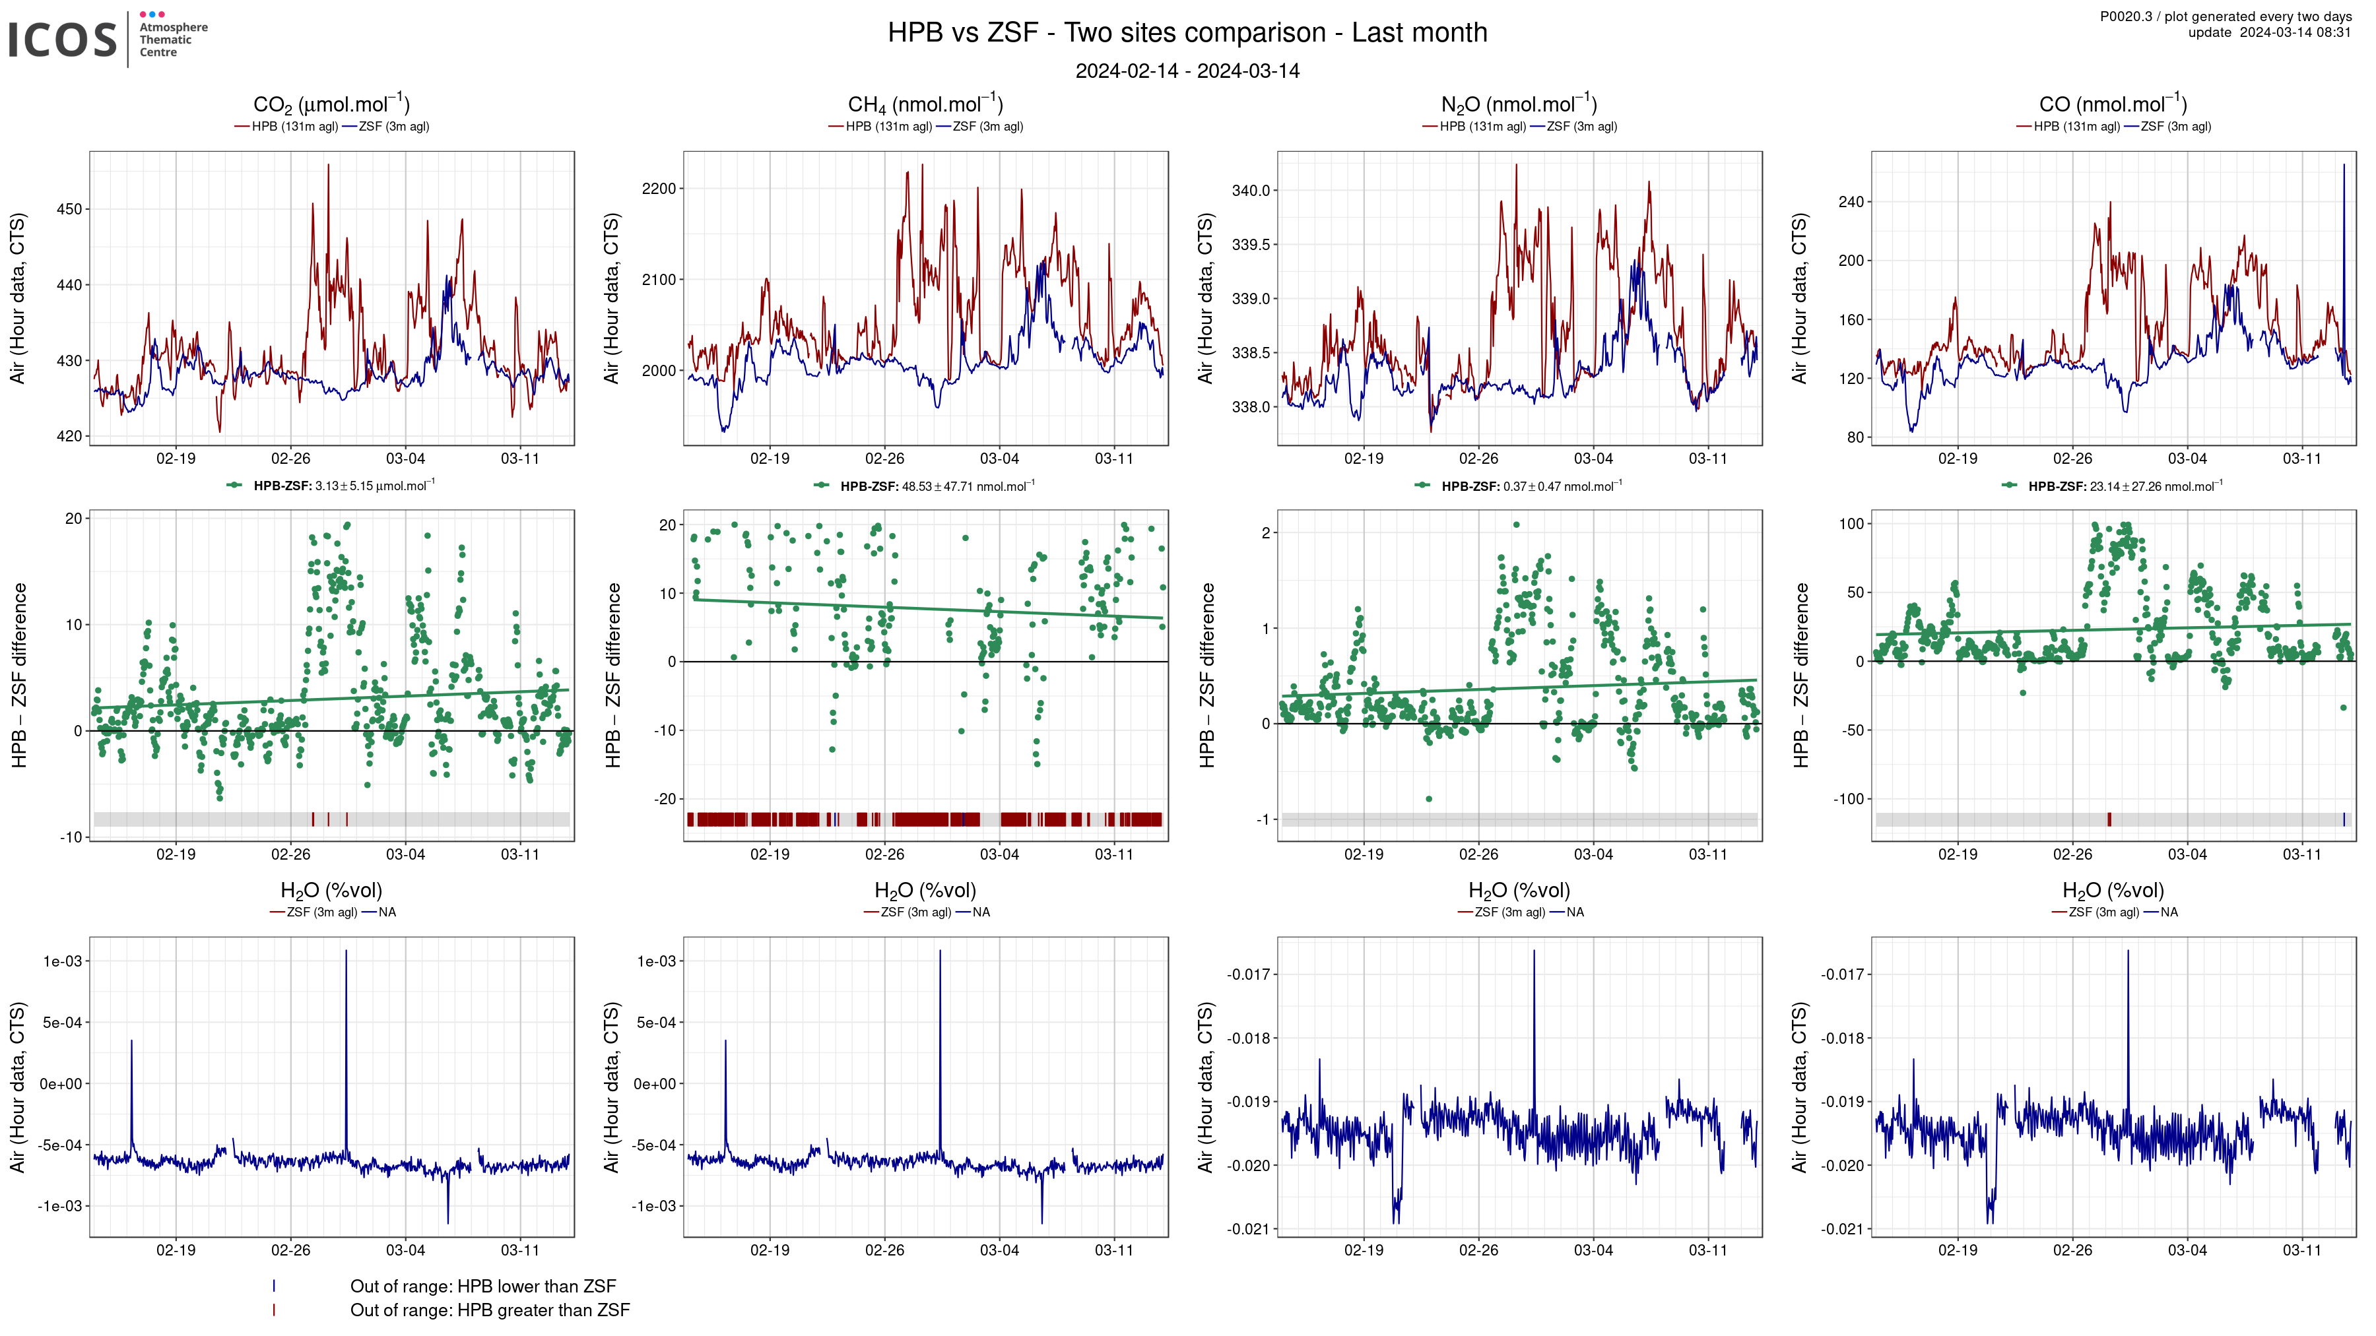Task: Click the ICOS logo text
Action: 63,40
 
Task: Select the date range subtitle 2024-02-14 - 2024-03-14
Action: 1187,71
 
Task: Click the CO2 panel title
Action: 331,104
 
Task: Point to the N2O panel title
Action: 1518,104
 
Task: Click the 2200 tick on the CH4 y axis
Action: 659,189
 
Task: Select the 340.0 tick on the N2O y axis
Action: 1251,191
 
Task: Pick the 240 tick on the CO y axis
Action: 1851,202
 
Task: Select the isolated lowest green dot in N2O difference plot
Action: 1429,798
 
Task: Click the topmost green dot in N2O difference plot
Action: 1517,525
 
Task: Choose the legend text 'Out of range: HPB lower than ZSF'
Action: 482,1287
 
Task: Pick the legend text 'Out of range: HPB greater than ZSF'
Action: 490,1310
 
